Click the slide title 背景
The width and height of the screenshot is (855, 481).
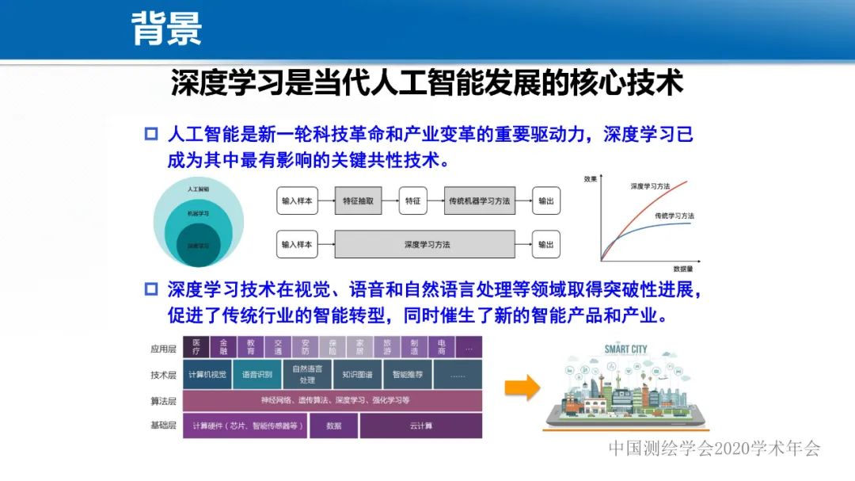pos(166,29)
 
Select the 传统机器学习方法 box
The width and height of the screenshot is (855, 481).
pos(479,201)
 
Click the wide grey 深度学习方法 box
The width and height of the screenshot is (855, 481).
pos(426,244)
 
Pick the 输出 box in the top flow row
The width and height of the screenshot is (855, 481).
pos(545,201)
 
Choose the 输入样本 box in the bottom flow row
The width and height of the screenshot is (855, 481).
pos(297,244)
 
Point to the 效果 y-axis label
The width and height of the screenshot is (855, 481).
pos(591,179)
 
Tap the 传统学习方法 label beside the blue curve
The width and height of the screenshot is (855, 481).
pos(674,216)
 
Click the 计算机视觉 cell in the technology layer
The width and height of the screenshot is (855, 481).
pos(207,374)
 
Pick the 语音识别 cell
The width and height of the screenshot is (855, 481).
pos(257,374)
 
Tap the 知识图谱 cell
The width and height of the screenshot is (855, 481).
pos(357,374)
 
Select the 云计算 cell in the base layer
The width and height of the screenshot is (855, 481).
pos(420,426)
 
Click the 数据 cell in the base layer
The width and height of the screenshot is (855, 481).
pos(333,426)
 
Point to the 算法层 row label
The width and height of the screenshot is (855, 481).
pos(163,400)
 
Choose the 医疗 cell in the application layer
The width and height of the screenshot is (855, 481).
pos(196,347)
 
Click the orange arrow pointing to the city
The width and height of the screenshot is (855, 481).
pos(522,387)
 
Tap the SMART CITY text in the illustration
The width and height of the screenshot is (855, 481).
pos(625,349)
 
